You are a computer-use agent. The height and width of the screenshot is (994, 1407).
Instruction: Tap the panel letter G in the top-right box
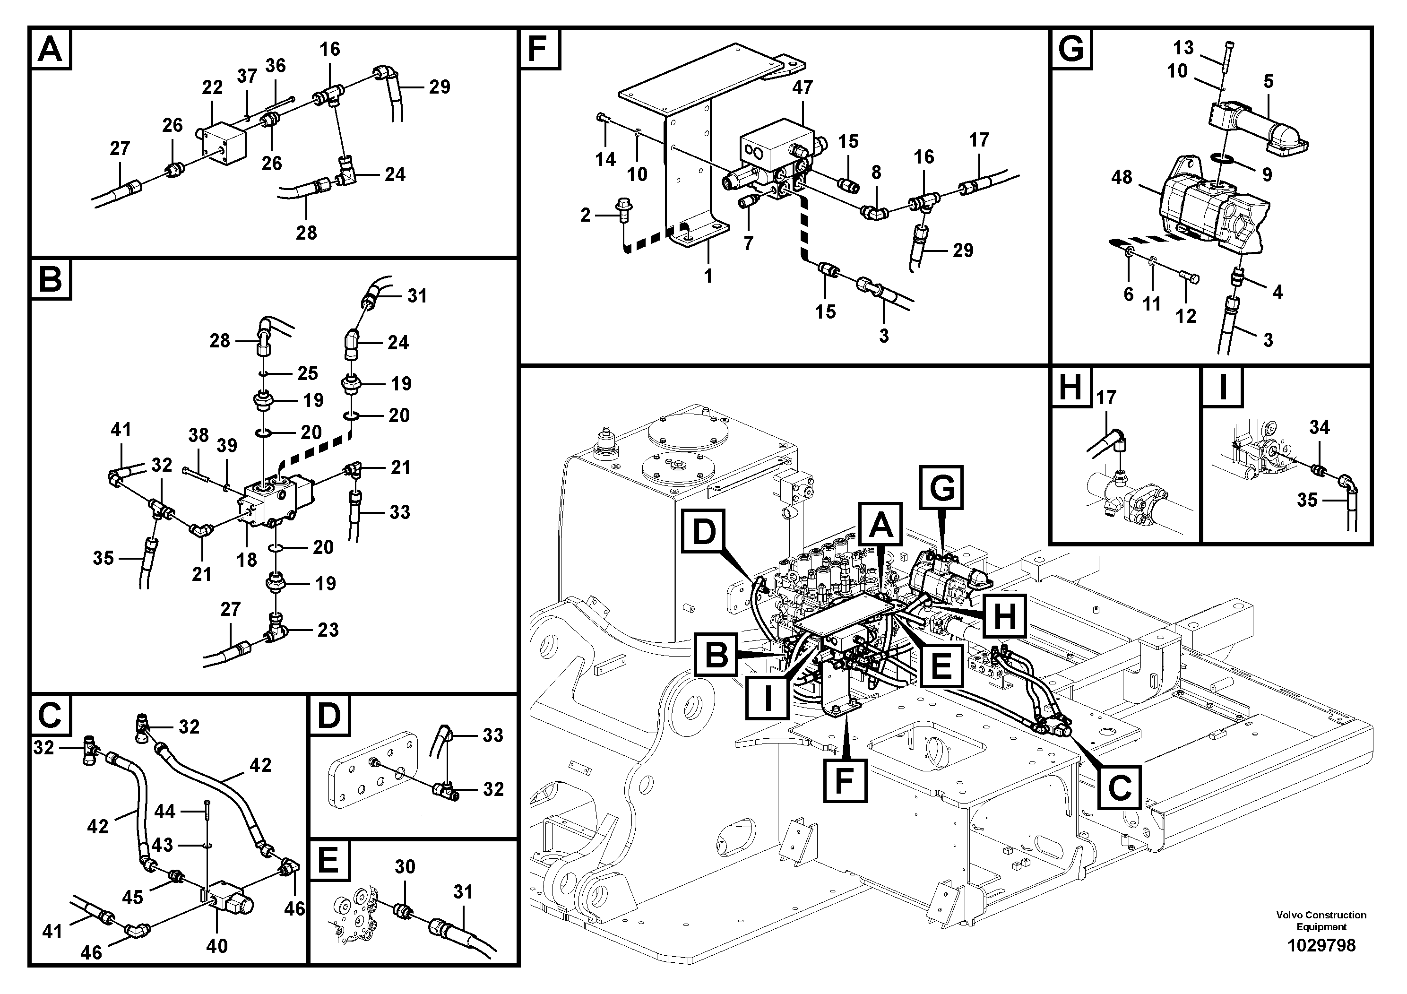(1071, 49)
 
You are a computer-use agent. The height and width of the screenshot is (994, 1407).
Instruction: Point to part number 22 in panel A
(212, 87)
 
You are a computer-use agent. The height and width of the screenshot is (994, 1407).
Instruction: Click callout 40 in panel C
(216, 946)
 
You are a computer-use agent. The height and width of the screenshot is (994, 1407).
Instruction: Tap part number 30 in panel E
(405, 866)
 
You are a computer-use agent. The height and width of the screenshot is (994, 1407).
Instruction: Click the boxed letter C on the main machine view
(1119, 787)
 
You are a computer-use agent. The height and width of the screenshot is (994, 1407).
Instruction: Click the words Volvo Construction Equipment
(1321, 920)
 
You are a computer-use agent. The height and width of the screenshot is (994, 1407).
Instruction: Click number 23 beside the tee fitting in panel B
(328, 630)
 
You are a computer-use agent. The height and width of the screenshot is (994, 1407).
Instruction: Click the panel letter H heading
(1070, 389)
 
